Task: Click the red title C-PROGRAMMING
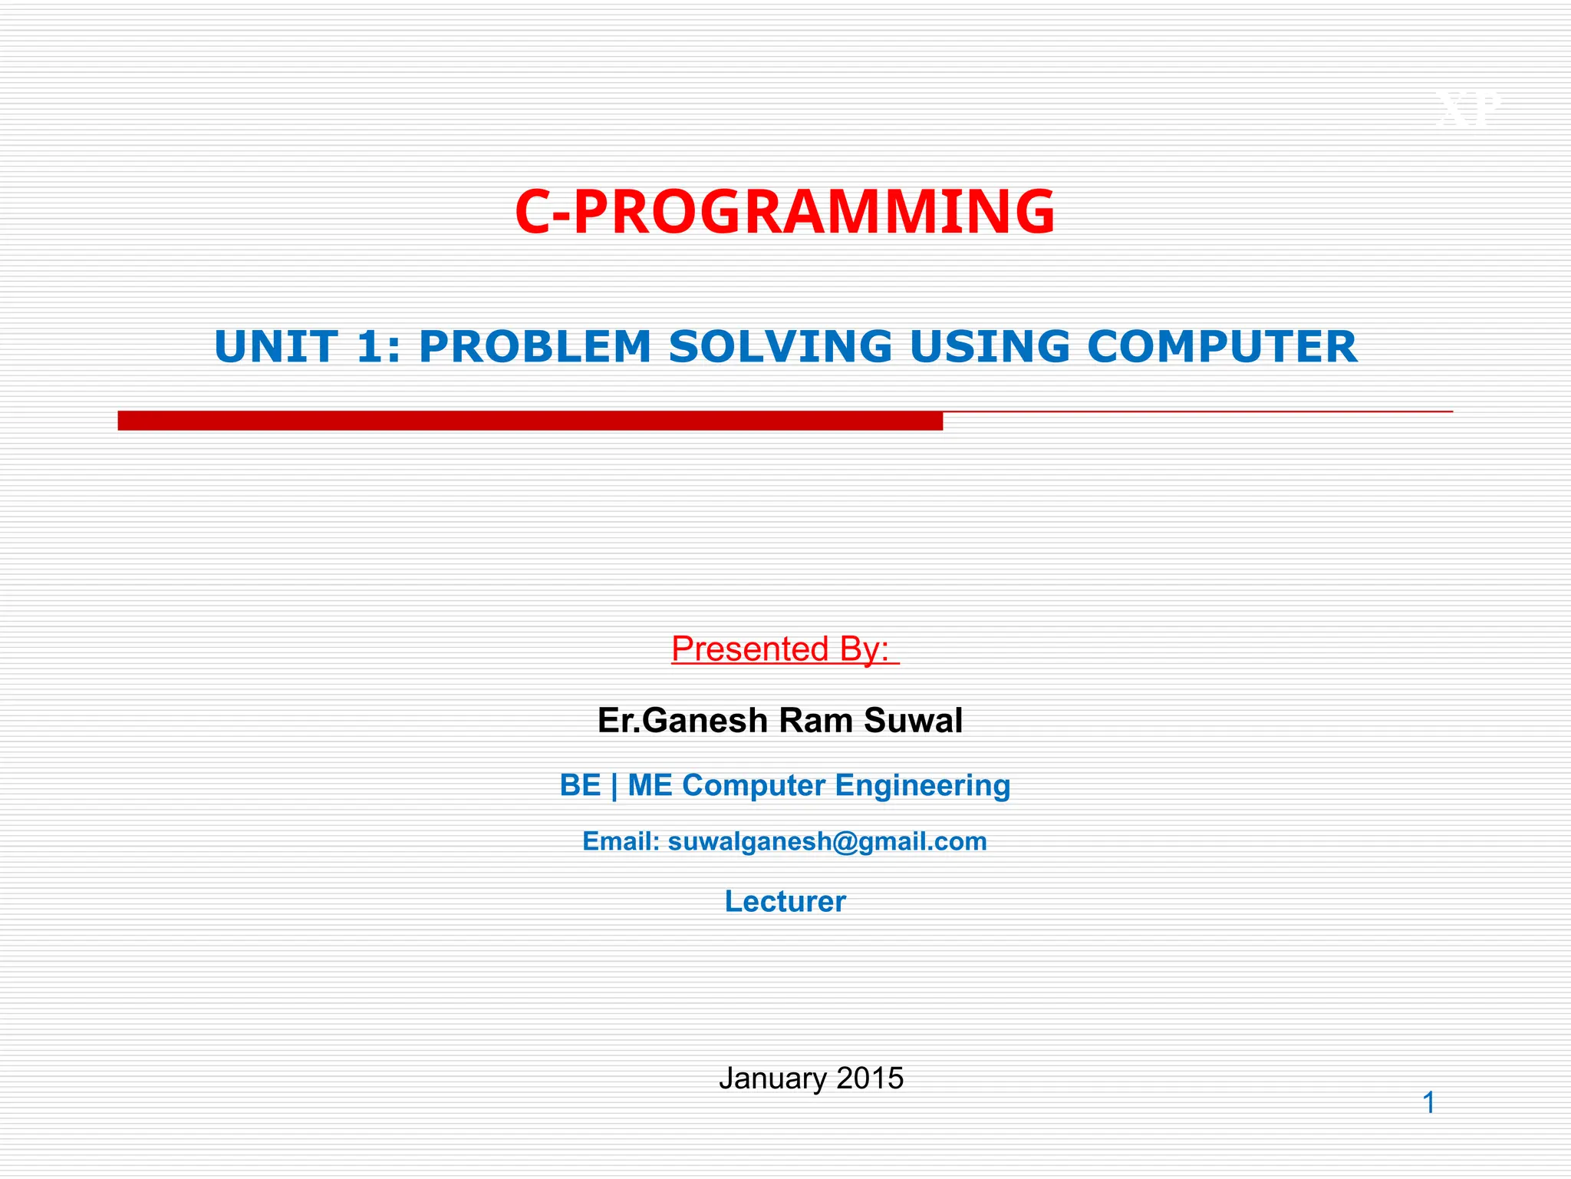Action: (785, 213)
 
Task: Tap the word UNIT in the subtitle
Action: (276, 347)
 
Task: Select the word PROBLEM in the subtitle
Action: (535, 347)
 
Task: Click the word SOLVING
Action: (780, 347)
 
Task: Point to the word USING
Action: (989, 347)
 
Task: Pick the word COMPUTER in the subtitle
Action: (1222, 347)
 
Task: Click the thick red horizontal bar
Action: (529, 421)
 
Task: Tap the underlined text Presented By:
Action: (784, 649)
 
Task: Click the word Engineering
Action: (922, 786)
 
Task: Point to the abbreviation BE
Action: (580, 786)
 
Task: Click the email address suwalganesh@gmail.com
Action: (827, 842)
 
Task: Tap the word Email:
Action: (621, 842)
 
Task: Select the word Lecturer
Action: (785, 902)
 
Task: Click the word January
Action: (772, 1079)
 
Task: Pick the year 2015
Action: (870, 1079)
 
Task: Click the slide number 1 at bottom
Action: (1428, 1104)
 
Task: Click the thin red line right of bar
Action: (1197, 412)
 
